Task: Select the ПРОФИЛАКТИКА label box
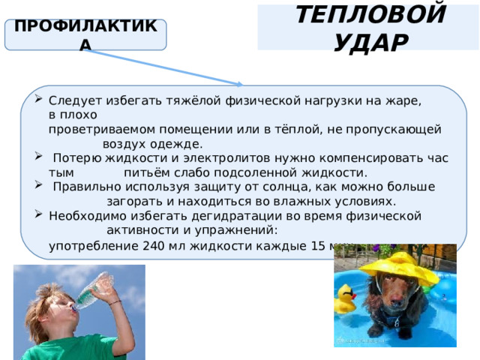[85, 35]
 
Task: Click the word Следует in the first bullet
[70, 100]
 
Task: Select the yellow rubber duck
[345, 300]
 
